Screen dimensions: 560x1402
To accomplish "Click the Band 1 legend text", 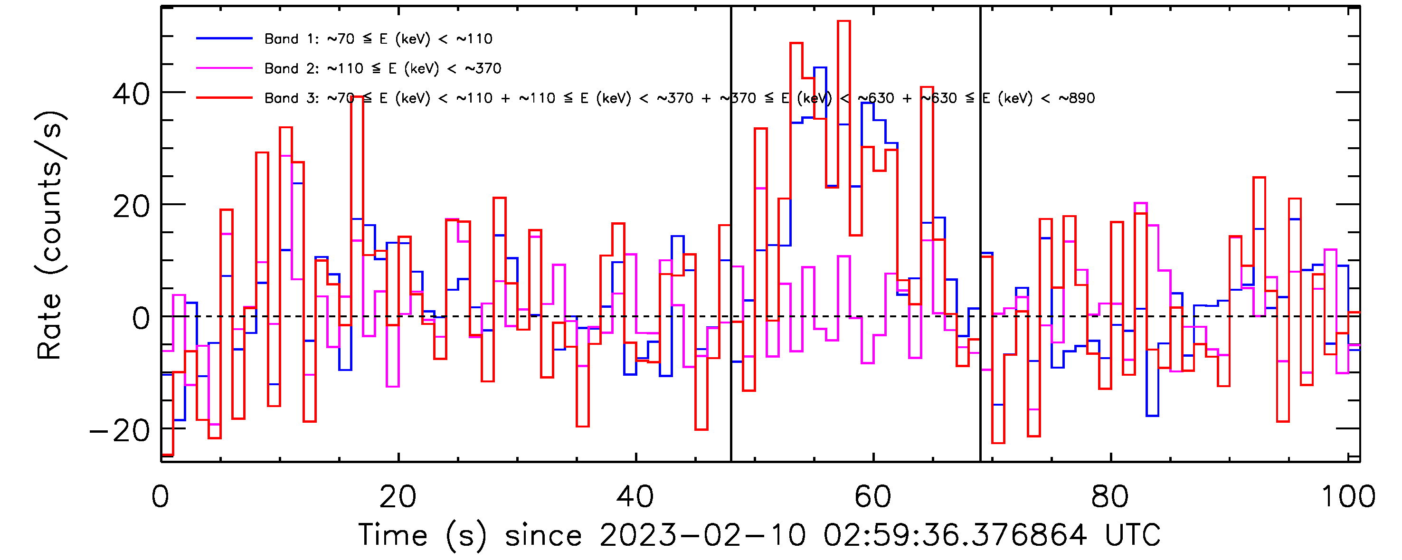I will click(x=378, y=38).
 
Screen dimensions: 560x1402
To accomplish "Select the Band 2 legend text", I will click(x=383, y=68).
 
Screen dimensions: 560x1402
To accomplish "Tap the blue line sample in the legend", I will click(x=224, y=38).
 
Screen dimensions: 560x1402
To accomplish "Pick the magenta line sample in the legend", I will click(x=224, y=68).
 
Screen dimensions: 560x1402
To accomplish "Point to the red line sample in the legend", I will click(x=224, y=98).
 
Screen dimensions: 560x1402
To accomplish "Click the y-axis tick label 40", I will click(x=131, y=94).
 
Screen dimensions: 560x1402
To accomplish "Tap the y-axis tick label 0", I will click(x=141, y=319).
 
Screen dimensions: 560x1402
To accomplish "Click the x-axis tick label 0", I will click(x=161, y=496).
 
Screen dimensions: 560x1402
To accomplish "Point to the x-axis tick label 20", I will click(x=398, y=496).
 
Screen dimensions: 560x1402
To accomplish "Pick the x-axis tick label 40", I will click(x=635, y=496).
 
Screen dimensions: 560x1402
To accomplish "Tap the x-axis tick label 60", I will click(x=873, y=496).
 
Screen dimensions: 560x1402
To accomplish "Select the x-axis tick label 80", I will click(x=1110, y=496).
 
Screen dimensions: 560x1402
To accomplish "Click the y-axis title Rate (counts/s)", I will click(x=50, y=235).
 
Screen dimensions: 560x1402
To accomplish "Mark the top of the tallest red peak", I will click(x=843, y=21).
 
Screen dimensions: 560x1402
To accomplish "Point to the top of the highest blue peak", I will click(x=820, y=67).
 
